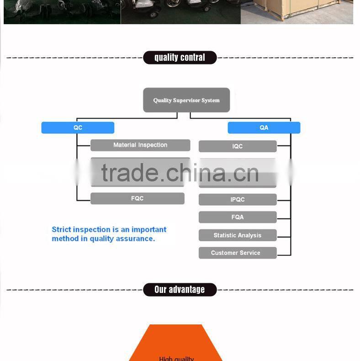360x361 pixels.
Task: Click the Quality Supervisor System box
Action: pyautogui.click(x=186, y=100)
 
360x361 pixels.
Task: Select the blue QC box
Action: pyautogui.click(x=78, y=127)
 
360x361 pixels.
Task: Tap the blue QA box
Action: pyautogui.click(x=264, y=127)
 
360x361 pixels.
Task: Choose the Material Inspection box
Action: pyautogui.click(x=140, y=145)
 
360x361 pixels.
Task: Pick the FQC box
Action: pyautogui.click(x=137, y=198)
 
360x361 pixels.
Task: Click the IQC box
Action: pyautogui.click(x=238, y=146)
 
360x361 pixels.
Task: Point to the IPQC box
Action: pyautogui.click(x=238, y=200)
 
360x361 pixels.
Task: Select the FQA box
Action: pyautogui.click(x=238, y=217)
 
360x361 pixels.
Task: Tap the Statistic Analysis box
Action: pyautogui.click(x=238, y=235)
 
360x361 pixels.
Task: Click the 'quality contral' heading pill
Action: pyautogui.click(x=180, y=58)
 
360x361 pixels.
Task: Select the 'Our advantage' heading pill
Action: pyautogui.click(x=180, y=290)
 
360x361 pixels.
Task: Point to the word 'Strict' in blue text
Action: pyautogui.click(x=62, y=229)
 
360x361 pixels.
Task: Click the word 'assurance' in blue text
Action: pyautogui.click(x=137, y=239)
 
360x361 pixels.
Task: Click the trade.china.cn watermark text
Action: pyautogui.click(x=180, y=173)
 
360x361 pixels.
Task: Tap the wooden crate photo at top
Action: pyautogui.click(x=297, y=11)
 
